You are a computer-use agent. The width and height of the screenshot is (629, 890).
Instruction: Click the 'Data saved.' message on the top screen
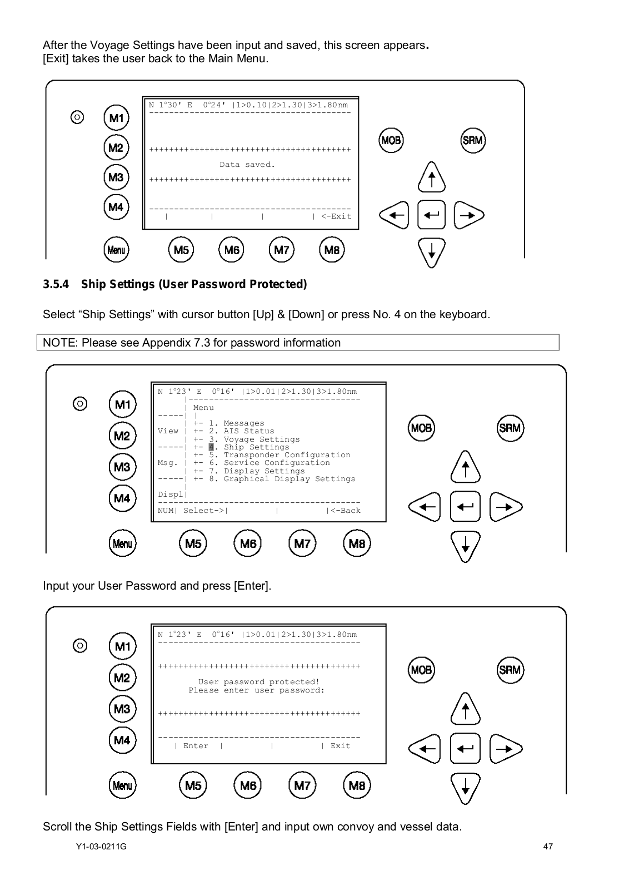click(247, 165)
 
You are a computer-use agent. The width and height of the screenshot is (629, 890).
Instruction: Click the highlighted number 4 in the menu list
click(211, 447)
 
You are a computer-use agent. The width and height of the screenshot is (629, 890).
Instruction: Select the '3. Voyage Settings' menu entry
click(254, 439)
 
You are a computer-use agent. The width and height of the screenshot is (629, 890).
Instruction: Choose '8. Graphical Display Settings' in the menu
click(282, 479)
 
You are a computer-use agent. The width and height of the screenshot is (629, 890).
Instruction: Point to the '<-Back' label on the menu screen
click(345, 511)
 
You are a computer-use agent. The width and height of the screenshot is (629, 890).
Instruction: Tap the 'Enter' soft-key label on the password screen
click(196, 746)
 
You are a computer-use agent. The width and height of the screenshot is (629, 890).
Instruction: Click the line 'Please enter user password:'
click(256, 690)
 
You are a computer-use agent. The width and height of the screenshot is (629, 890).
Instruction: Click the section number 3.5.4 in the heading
click(56, 285)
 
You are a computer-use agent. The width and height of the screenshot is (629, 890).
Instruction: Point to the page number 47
click(548, 847)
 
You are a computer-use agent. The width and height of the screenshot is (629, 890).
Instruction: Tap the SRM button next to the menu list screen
click(510, 428)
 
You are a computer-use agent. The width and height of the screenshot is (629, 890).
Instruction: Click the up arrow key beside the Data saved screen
click(431, 177)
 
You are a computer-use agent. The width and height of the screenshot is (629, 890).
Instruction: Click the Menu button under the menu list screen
click(122, 543)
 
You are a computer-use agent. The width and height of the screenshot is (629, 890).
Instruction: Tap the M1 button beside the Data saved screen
click(116, 118)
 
